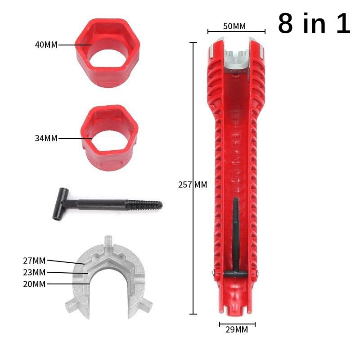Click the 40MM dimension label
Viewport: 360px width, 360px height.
(46, 45)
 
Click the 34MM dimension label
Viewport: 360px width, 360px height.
(46, 139)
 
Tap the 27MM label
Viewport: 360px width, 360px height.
(34, 261)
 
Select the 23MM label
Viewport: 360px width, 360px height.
(34, 272)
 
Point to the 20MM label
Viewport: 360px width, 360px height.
(34, 284)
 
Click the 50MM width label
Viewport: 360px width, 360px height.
(234, 26)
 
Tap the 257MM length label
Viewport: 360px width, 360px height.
(193, 184)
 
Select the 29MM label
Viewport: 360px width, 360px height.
(237, 330)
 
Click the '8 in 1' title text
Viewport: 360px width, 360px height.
(314, 23)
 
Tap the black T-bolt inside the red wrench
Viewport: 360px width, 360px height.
(235, 238)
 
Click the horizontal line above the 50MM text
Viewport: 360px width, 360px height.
(236, 32)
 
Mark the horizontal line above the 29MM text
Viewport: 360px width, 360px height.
(237, 324)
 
